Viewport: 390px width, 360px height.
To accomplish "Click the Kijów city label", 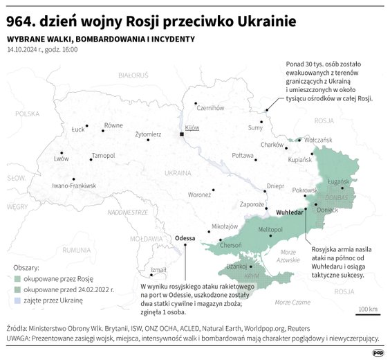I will pos(192,128).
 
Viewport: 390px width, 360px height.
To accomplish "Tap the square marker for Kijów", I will pos(181,134).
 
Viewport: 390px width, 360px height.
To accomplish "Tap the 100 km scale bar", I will pos(366,313).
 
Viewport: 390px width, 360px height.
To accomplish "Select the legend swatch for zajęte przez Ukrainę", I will pos(17,300).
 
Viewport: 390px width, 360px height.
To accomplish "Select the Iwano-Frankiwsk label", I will pos(73,186).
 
